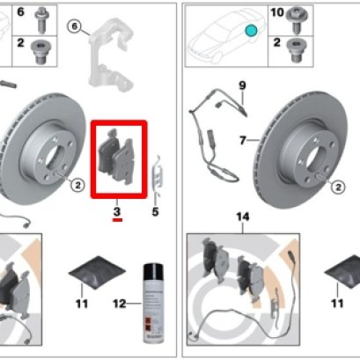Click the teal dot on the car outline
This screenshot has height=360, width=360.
(252, 31)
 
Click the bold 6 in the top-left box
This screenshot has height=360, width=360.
(19, 14)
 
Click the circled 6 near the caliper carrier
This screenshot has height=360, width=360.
(75, 27)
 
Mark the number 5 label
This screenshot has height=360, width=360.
(156, 211)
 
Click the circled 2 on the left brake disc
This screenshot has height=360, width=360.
(77, 184)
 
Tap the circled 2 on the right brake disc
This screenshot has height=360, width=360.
(336, 186)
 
